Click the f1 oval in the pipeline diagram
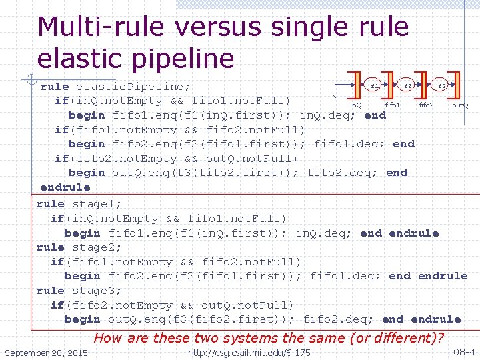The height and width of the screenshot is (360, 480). (x=375, y=86)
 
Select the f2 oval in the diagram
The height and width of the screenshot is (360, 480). (x=408, y=86)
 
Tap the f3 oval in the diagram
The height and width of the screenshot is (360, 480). (x=441, y=86)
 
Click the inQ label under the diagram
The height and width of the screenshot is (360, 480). (x=356, y=105)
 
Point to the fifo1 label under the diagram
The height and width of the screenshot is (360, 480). (x=393, y=105)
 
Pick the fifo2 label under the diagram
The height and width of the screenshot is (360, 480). (x=426, y=105)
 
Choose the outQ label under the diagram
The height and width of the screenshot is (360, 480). (x=460, y=105)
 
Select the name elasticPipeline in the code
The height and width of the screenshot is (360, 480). (x=133, y=87)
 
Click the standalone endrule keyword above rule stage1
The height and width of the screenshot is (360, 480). (x=65, y=187)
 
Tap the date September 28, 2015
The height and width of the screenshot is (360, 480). (x=45, y=352)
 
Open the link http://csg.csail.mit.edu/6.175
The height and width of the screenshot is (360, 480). (x=249, y=352)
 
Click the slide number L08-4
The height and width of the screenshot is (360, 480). (x=461, y=352)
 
